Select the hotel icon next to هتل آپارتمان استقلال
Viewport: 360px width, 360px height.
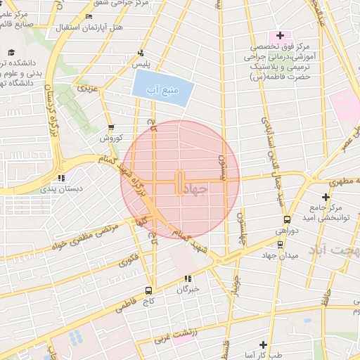click(88, 16)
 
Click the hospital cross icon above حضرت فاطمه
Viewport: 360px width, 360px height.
click(280, 35)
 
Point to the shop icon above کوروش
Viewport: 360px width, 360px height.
click(110, 128)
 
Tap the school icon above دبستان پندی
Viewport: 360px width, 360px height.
click(62, 178)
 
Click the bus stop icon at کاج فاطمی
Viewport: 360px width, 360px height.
click(148, 290)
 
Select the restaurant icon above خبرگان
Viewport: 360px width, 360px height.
click(188, 278)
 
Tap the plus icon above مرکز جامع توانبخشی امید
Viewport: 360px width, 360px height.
click(325, 198)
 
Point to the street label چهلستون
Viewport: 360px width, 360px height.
click(240, 229)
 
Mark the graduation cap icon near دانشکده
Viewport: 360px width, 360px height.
click(11, 52)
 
